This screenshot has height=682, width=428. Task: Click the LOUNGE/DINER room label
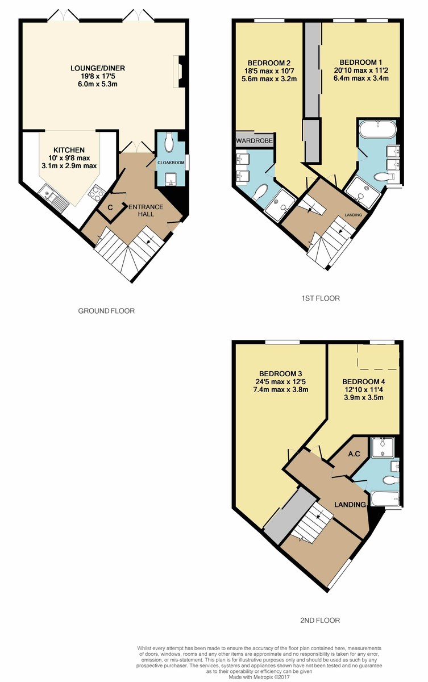click(x=98, y=68)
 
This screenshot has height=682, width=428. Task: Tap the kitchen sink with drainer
click(x=54, y=197)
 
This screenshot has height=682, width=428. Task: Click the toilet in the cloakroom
click(x=168, y=142)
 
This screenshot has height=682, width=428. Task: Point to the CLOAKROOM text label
click(x=171, y=163)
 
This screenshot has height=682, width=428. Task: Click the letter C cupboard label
click(x=110, y=207)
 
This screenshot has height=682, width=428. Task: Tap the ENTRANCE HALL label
click(x=146, y=210)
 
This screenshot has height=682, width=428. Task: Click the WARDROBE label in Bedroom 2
click(x=254, y=141)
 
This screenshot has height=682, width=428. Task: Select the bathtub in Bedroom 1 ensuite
click(x=378, y=130)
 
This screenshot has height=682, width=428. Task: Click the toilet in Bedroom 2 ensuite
click(x=260, y=193)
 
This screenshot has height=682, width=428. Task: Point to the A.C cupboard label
click(x=354, y=454)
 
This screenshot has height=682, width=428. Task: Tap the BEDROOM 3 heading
click(x=280, y=373)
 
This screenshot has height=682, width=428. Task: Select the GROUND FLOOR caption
click(x=106, y=311)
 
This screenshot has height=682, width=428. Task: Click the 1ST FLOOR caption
click(x=321, y=298)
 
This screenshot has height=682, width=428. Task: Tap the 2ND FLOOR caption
click(x=320, y=620)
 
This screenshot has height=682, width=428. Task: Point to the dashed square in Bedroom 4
click(x=378, y=356)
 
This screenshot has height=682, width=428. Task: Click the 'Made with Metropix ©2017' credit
click(x=259, y=677)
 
